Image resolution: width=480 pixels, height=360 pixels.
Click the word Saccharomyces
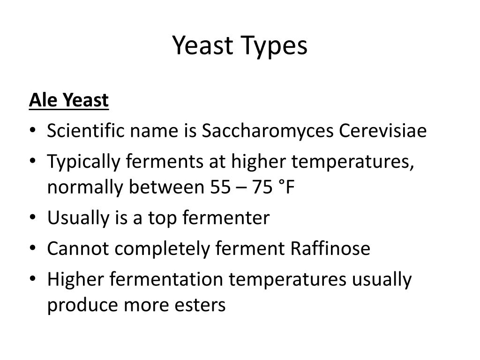[268, 131]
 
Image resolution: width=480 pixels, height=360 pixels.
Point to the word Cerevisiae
[383, 131]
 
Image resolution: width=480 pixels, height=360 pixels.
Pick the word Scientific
[86, 131]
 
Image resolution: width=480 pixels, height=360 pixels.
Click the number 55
[218, 187]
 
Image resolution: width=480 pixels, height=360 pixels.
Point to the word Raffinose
[330, 248]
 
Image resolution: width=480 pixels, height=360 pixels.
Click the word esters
[202, 305]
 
